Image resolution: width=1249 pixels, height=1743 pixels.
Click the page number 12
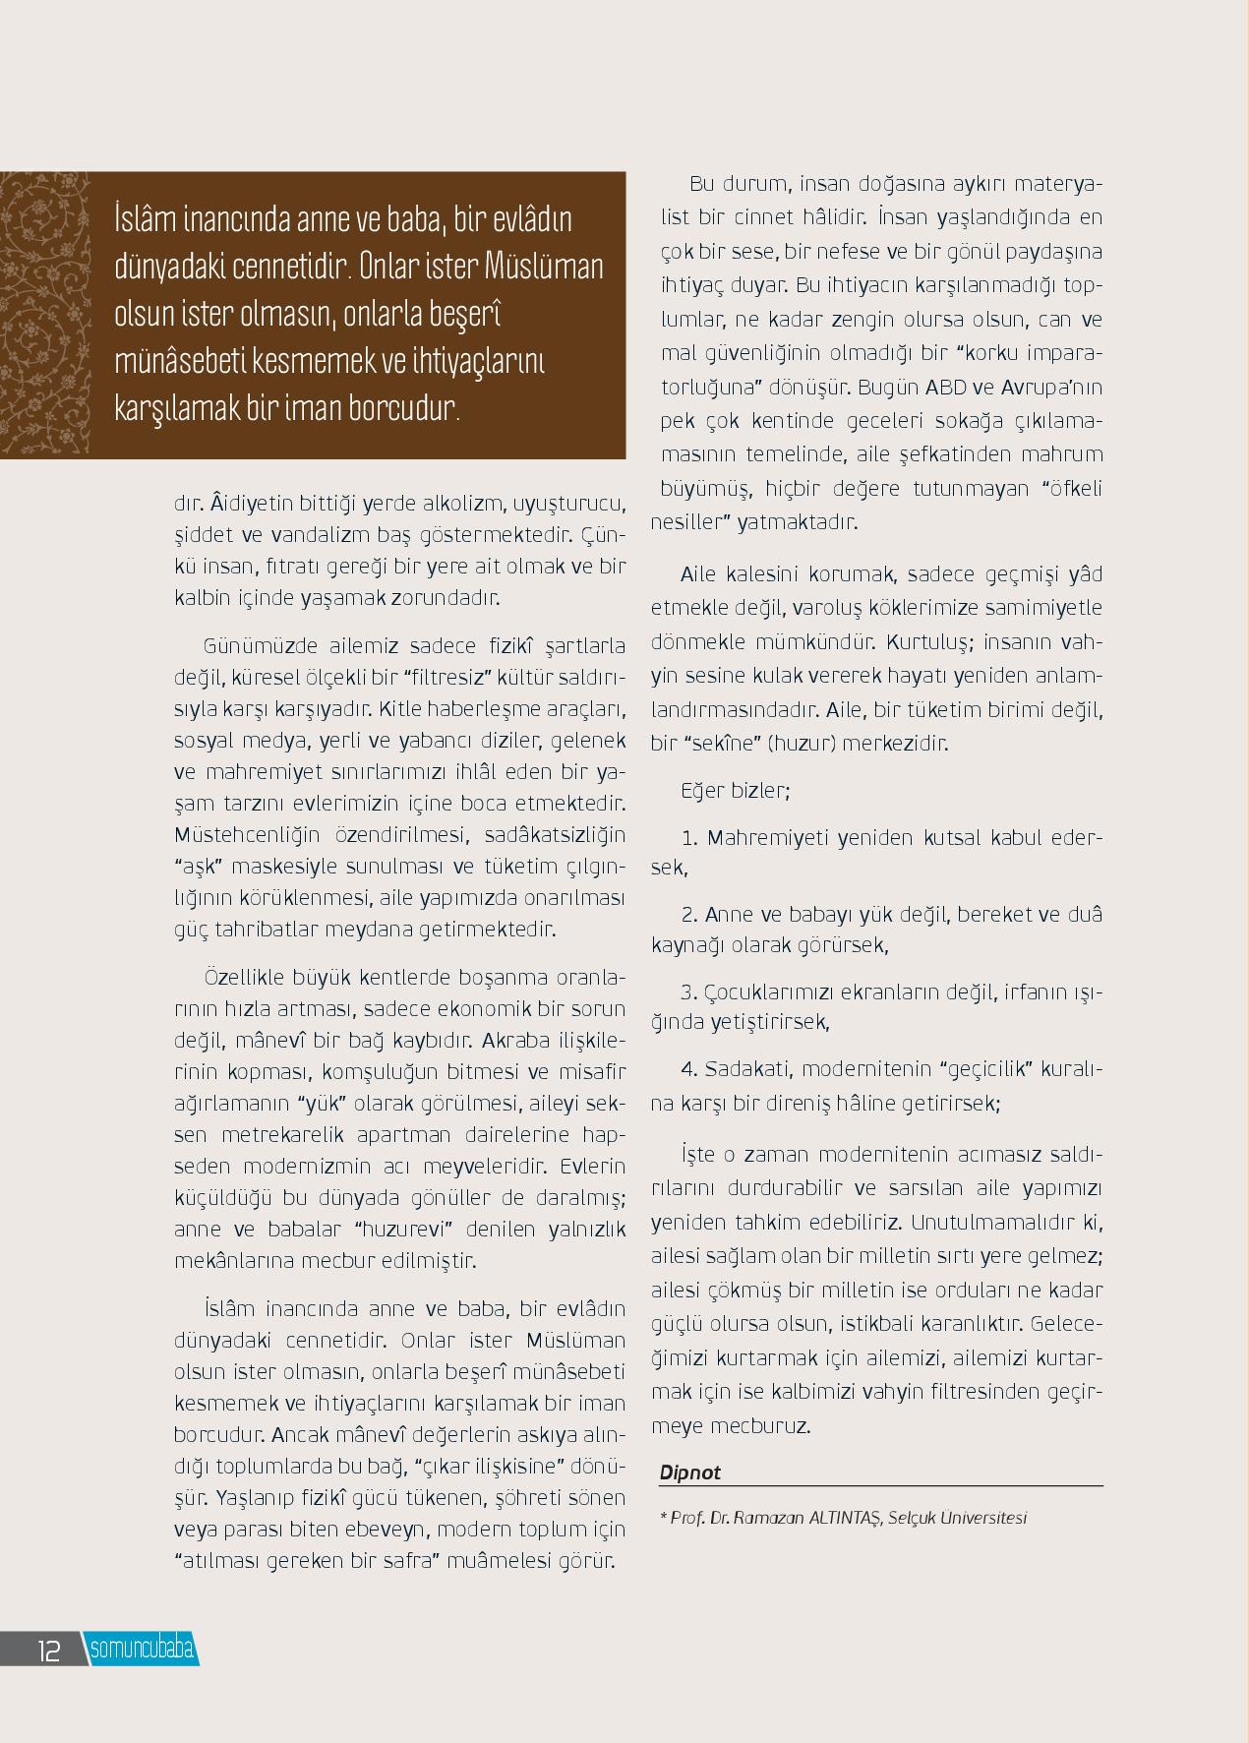click(48, 1650)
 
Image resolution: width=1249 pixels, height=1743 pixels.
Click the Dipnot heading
click(689, 1472)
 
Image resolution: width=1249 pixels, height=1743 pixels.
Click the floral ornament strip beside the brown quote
click(44, 315)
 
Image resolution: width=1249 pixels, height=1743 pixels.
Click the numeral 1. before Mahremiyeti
click(688, 839)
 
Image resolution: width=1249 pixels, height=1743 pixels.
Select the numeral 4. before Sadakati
click(688, 1069)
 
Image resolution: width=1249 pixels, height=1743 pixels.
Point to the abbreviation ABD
click(945, 387)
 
